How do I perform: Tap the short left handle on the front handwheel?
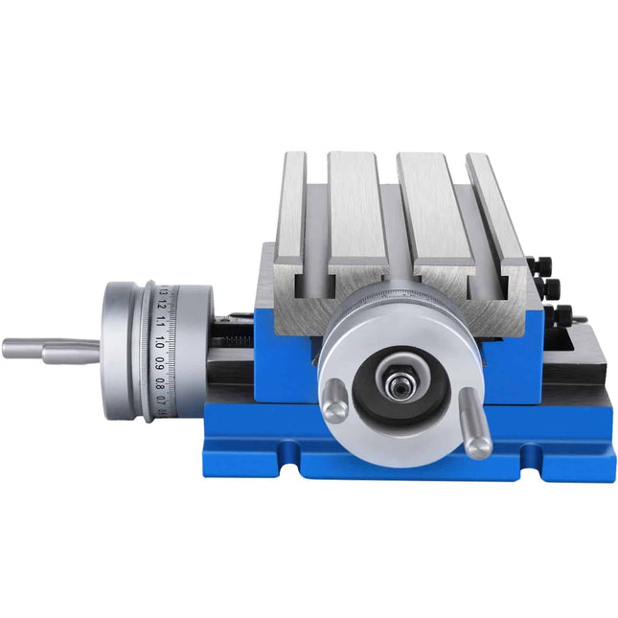[x=332, y=400]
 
